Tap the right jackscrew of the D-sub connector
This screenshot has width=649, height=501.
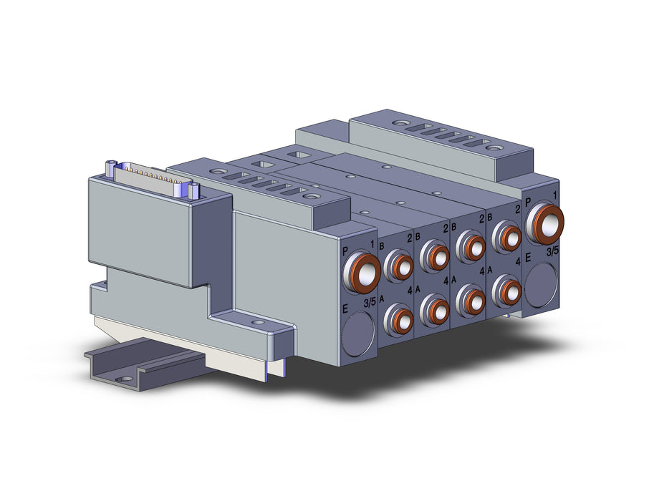(x=193, y=190)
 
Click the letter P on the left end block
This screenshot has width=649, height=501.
(x=345, y=251)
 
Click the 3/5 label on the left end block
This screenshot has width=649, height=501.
(x=370, y=303)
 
